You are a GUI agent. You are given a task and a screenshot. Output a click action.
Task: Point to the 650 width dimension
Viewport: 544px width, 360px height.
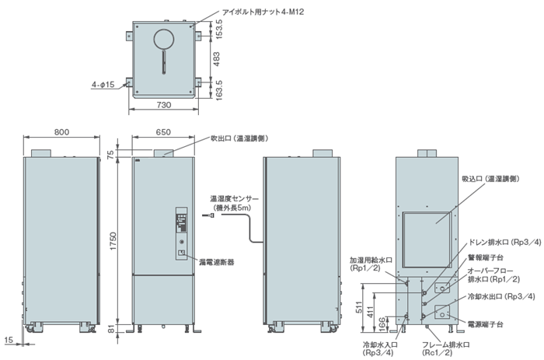tap(163, 133)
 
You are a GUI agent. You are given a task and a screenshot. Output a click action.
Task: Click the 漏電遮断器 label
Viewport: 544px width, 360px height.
tap(216, 263)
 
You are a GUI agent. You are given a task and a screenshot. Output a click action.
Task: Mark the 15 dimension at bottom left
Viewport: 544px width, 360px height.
tap(7, 340)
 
